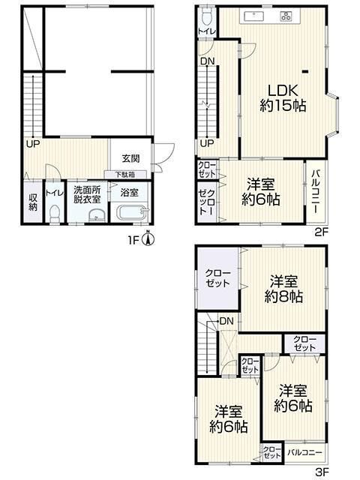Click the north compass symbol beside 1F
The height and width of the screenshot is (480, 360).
coord(148,239)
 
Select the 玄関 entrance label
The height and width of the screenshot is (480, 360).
coord(130,158)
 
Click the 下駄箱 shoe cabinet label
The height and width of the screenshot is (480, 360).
coord(125,175)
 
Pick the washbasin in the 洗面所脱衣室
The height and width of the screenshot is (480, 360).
coord(97,216)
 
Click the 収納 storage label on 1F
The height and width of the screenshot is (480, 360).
coord(33,202)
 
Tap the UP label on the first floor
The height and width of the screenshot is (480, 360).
coord(33,145)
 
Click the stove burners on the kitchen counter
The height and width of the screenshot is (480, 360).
coord(286,16)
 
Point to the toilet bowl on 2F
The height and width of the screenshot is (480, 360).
coord(207,16)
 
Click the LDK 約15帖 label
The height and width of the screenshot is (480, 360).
coord(283,98)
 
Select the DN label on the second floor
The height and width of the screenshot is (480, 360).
coord(207,61)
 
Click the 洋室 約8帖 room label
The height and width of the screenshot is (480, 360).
coord(283,289)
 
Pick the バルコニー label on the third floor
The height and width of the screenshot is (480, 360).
coord(305,452)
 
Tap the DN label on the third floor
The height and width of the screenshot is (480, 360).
coord(226,321)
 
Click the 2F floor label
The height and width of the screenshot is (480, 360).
coord(322,232)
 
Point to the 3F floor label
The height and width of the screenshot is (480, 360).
coord(322,472)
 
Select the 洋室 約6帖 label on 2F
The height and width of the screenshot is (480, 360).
coord(260,192)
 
